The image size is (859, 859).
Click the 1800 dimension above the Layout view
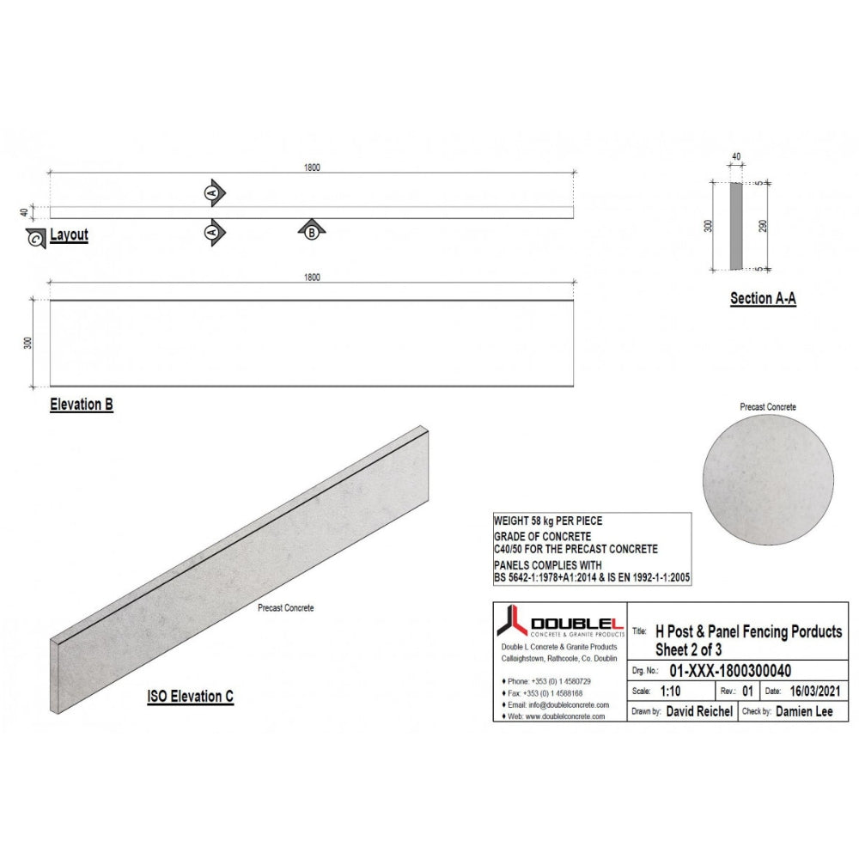point(311,168)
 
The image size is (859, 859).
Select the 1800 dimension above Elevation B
point(311,277)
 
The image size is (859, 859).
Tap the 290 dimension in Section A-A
point(763,226)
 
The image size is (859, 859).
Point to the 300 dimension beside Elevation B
point(27,343)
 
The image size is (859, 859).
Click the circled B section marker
point(312,230)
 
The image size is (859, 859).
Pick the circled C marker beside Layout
point(35,239)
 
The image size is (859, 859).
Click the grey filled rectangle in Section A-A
point(737,226)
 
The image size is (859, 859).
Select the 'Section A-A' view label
point(763,299)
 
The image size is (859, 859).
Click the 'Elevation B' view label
point(82,405)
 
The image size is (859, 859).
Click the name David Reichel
point(699,711)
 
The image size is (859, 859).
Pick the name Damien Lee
point(804,711)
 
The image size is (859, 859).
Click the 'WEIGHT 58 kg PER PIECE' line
point(547,521)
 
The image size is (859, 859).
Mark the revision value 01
point(748,691)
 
